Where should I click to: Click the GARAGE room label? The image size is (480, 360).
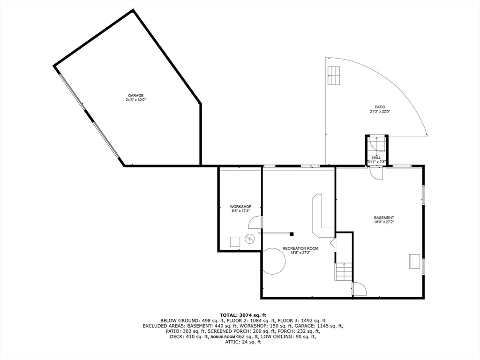click(x=135, y=96)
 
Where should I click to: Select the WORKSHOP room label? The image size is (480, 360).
click(x=240, y=207)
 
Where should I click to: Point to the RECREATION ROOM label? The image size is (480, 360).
click(x=300, y=248)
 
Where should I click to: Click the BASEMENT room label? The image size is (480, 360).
click(x=384, y=217)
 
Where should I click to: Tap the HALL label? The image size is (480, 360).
click(x=376, y=157)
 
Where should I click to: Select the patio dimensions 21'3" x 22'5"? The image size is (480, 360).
click(x=380, y=112)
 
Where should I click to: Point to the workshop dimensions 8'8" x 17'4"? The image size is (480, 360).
click(x=240, y=211)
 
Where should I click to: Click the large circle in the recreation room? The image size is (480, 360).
click(x=273, y=261)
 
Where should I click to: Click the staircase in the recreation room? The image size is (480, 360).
click(x=344, y=272)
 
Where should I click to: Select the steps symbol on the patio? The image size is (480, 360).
click(x=334, y=75)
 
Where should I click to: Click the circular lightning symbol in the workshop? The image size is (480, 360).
click(x=251, y=239)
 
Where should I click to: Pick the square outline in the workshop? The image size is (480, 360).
click(x=235, y=242)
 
